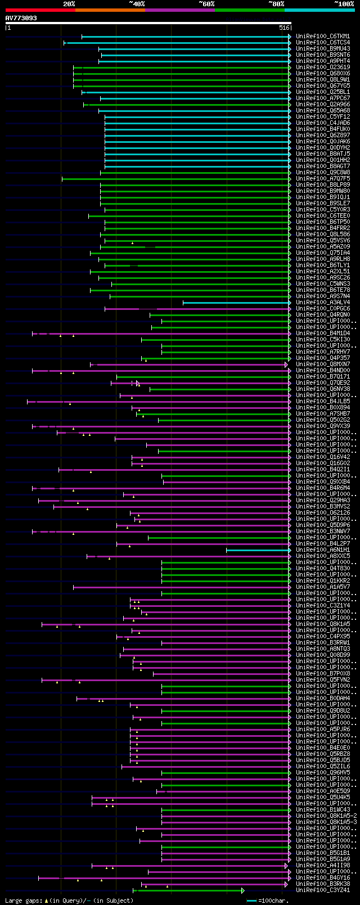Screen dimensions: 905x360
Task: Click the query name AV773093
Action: [21, 18]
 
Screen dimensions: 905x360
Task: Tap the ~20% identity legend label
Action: [69, 4]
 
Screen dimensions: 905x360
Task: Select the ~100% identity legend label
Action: [344, 4]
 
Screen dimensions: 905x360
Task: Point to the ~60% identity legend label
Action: [206, 4]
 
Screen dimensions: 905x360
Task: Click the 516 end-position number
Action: [284, 28]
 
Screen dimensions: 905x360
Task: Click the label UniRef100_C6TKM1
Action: [323, 37]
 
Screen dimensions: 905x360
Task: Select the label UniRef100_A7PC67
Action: [323, 98]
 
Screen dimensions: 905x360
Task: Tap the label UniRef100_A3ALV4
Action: [323, 303]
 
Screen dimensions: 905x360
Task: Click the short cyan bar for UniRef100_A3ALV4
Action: [236, 303]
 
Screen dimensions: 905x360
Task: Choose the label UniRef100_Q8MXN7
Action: [323, 364]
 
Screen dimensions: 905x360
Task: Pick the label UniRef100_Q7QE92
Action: [323, 383]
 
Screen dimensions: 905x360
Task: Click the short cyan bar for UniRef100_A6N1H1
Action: [258, 550]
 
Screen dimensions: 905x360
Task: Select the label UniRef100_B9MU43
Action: [323, 49]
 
